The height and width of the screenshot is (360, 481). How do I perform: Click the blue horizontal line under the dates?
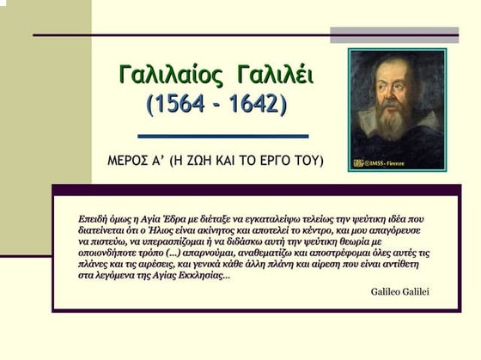[222, 136]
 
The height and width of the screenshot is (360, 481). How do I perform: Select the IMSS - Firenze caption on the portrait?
[386, 163]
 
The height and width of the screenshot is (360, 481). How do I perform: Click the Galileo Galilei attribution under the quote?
[399, 291]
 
